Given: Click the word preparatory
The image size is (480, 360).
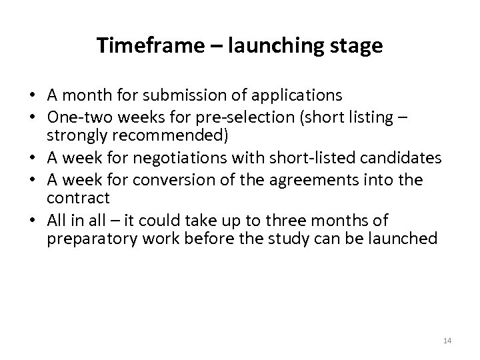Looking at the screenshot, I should coord(89,237).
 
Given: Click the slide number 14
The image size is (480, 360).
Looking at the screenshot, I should coord(447,341).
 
